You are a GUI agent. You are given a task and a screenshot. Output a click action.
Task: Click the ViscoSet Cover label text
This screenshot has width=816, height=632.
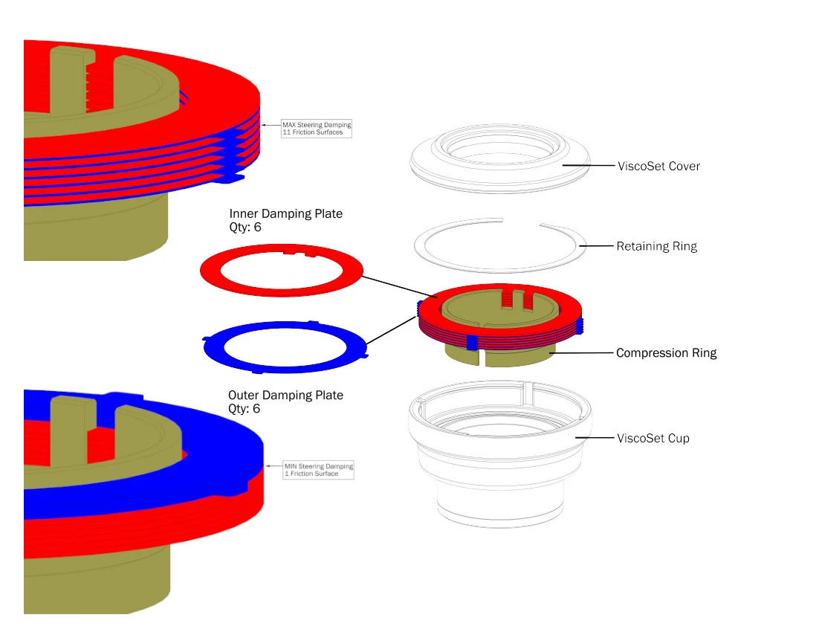658,166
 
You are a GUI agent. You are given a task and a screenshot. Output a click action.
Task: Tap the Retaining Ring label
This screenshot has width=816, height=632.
656,246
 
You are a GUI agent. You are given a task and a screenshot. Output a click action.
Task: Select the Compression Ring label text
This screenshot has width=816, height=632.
666,353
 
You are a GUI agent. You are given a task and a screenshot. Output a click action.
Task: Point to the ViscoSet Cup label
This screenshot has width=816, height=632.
653,439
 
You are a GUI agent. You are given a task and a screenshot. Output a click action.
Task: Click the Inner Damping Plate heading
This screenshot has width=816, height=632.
285,214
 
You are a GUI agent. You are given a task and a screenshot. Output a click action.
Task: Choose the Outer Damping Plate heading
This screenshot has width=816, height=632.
285,395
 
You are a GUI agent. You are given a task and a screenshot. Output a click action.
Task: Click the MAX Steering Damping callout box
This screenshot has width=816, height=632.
316,129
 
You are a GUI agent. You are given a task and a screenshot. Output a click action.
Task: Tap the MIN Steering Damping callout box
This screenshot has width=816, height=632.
318,470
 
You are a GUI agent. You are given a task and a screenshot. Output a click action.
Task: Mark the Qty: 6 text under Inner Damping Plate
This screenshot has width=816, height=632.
245,228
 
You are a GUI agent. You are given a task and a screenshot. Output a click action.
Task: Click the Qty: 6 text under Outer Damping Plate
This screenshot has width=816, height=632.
245,409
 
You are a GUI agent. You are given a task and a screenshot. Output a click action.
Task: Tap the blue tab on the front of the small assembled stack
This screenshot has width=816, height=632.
471,342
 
